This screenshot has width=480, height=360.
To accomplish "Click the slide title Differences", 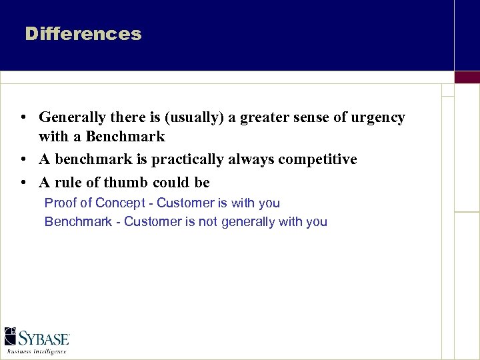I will coord(83,34).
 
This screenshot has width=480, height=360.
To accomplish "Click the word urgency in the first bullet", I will coord(377,117).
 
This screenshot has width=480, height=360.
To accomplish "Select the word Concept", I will coord(119,203).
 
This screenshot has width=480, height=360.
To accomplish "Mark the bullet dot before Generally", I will coord(23,118).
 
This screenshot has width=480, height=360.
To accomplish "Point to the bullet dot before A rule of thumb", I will coord(23,183).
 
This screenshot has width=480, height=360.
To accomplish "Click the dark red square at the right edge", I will coord(467,77).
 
